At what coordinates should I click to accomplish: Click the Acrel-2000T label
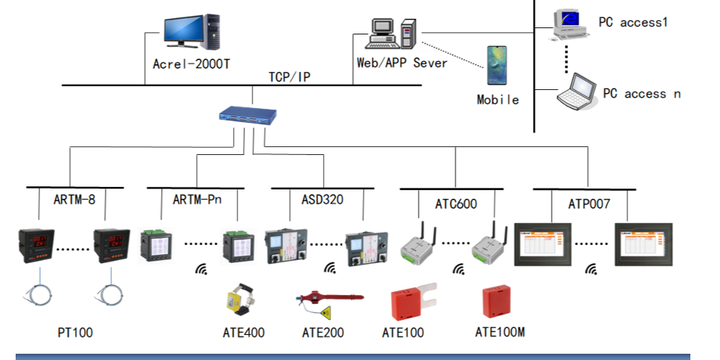(191, 63)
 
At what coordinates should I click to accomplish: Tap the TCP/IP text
(290, 76)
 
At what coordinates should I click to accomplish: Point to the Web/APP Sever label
(401, 63)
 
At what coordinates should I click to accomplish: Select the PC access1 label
(633, 22)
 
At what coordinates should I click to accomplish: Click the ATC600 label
(456, 204)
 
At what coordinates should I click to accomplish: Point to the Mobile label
(498, 99)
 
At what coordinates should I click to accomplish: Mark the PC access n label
(641, 93)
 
